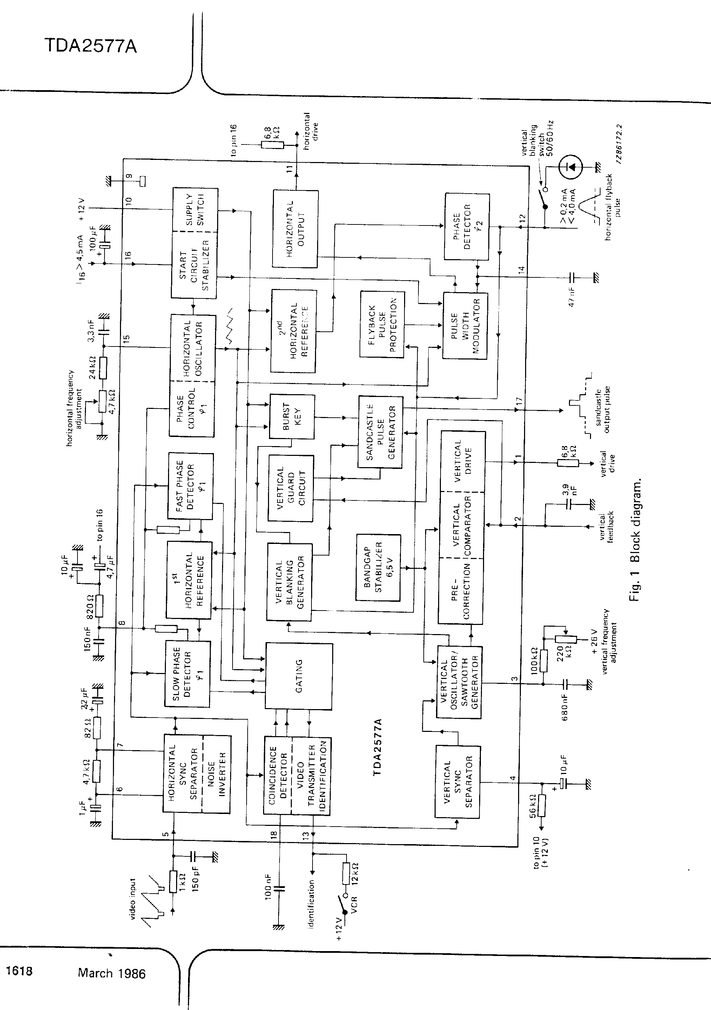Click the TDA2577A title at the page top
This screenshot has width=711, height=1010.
tap(90, 46)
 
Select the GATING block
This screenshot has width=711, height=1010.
tap(299, 676)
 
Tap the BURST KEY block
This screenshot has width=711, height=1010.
tap(292, 416)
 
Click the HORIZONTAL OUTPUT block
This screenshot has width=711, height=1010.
tap(295, 229)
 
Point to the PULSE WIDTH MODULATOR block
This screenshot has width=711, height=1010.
tap(465, 325)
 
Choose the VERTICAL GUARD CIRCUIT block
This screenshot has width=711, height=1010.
tap(291, 488)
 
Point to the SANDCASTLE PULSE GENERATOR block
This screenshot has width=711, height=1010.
tap(381, 432)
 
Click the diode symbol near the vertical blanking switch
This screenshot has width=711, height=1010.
tap(570, 167)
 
